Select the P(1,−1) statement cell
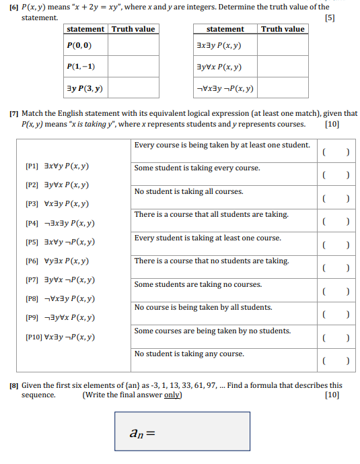pos(80,67)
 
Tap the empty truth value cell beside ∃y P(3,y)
pos(133,88)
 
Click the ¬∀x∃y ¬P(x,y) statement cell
pos(225,88)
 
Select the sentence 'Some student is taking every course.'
pos(197,168)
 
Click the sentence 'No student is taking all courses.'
pos(189,191)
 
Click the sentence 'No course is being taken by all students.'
pos(203,307)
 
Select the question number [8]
pos(14,386)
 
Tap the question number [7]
pos(14,114)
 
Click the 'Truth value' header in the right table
pos(283,29)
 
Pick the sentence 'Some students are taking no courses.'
pos(198,284)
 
